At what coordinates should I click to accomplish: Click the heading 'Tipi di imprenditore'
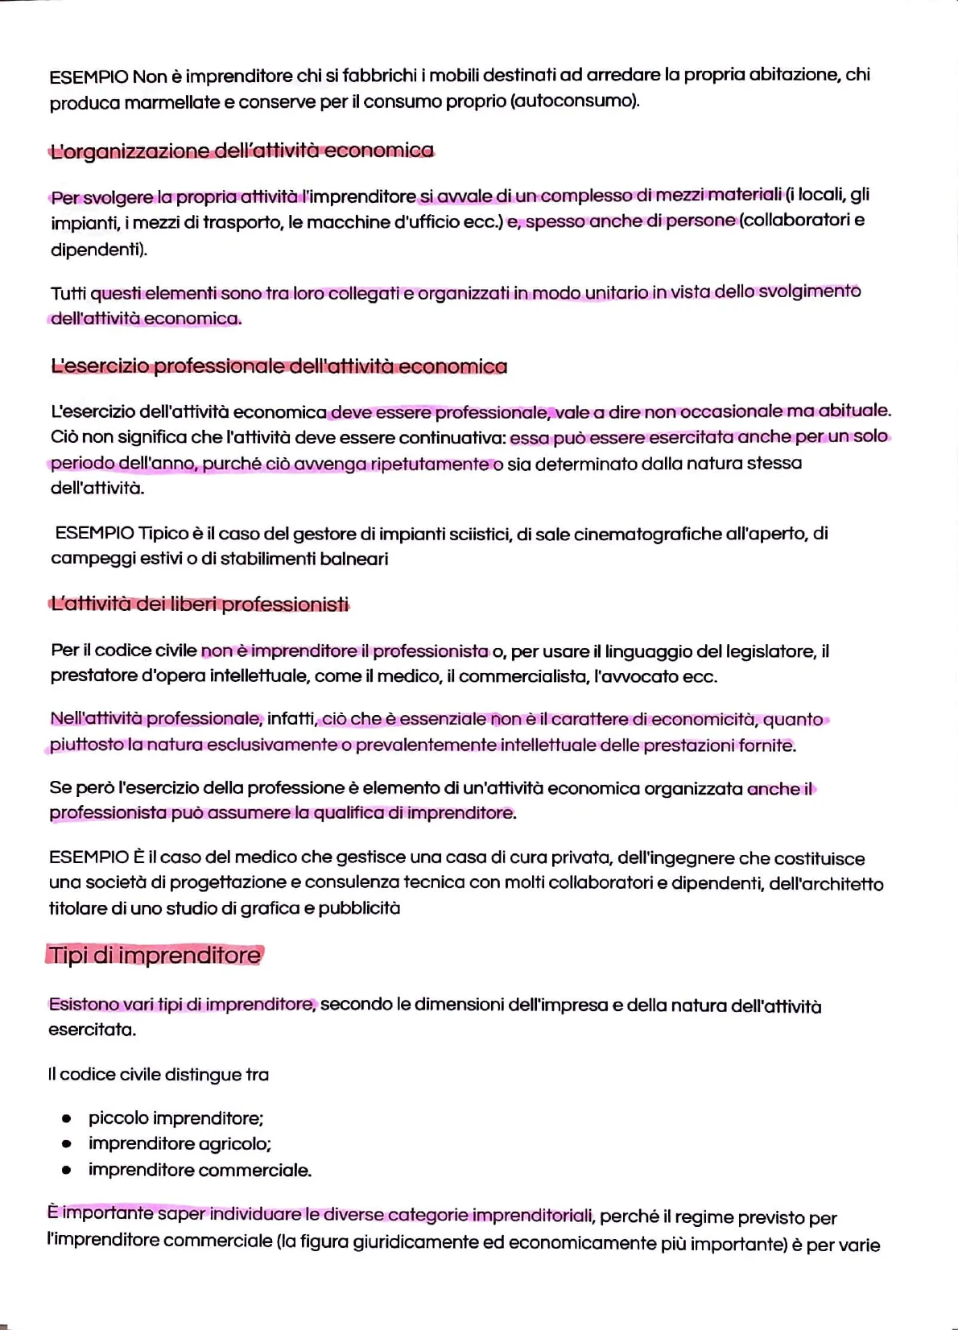tap(155, 956)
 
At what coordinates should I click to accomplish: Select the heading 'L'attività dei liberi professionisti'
tap(200, 604)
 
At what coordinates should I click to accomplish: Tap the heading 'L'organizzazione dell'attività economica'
tap(242, 151)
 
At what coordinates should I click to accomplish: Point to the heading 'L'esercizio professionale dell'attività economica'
tap(279, 366)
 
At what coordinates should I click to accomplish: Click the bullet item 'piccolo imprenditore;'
tap(175, 1117)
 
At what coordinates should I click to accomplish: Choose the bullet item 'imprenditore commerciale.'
tap(200, 1170)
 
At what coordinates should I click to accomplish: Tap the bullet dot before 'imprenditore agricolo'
tap(67, 1144)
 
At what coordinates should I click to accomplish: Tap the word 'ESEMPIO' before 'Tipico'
tap(94, 533)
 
